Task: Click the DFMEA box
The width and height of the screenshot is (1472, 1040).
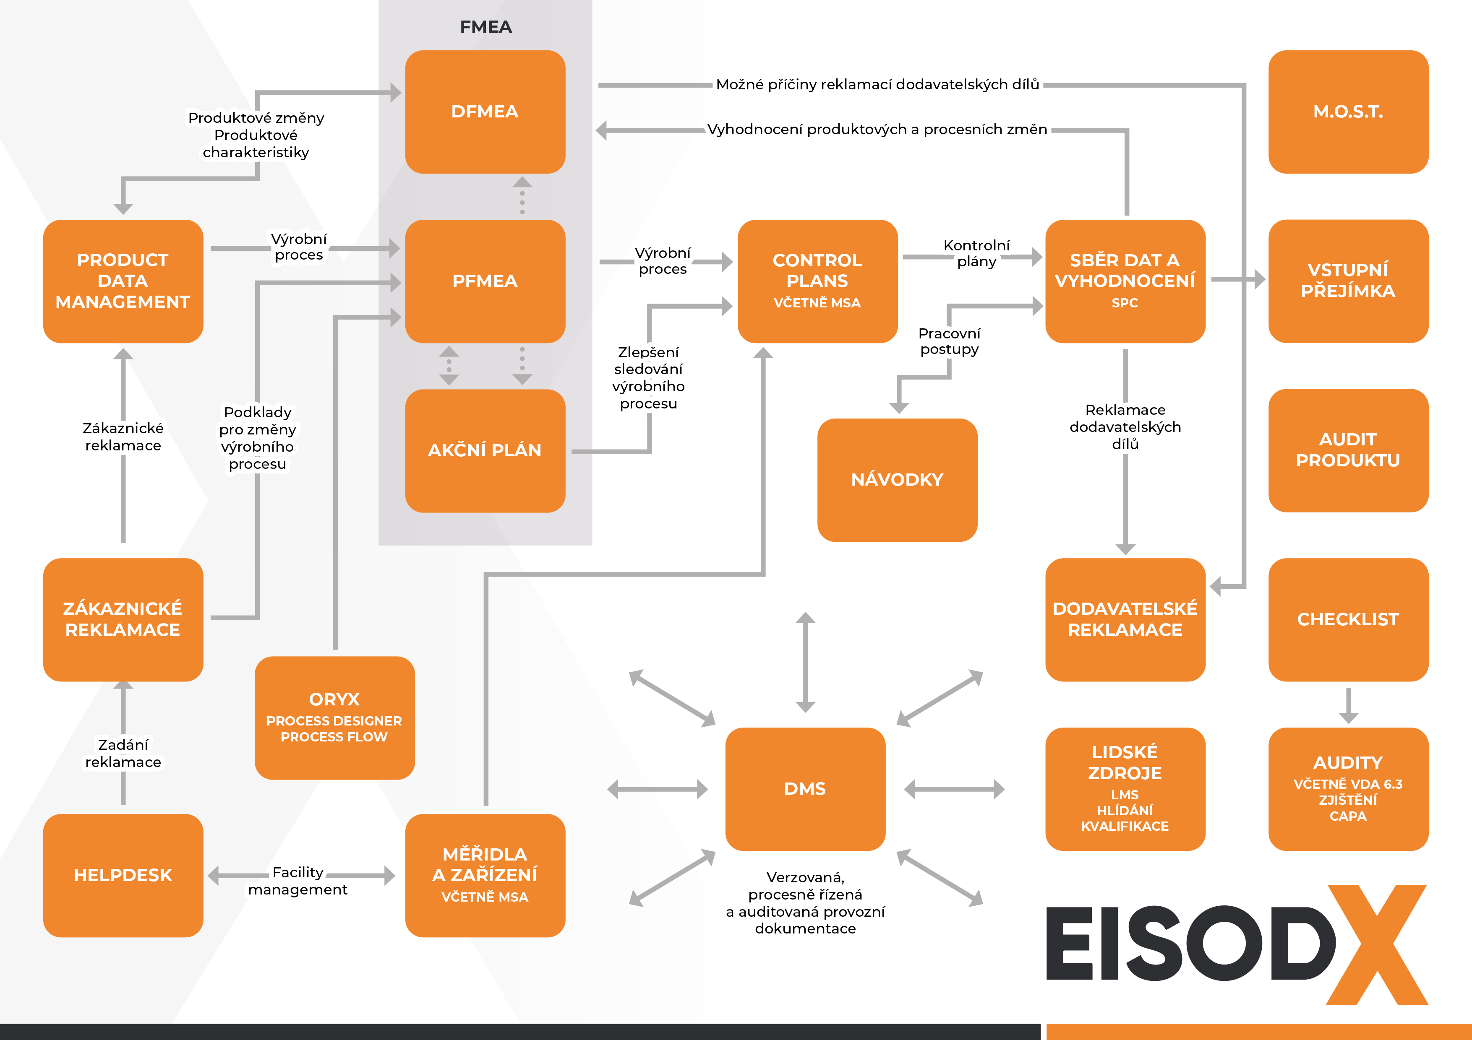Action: point(485,112)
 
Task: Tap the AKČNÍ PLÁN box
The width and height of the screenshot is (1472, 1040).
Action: point(485,450)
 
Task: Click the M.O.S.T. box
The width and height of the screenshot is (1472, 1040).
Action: point(1348,112)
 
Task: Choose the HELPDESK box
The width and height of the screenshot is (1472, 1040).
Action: point(123,875)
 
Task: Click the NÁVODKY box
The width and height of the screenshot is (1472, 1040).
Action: point(897,479)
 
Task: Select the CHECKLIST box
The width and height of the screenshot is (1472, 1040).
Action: point(1348,619)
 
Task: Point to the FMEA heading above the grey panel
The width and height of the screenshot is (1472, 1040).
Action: point(485,27)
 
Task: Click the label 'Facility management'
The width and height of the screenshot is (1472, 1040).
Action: point(298,881)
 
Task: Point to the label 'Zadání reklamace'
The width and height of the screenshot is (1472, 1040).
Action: point(123,753)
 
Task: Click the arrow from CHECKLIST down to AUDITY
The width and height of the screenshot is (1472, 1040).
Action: point(1348,705)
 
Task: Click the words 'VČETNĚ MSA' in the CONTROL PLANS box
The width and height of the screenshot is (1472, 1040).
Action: point(817,303)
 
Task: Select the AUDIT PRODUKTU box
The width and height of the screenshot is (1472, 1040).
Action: point(1348,450)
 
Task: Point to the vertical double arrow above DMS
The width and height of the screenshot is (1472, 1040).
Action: point(805,662)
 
